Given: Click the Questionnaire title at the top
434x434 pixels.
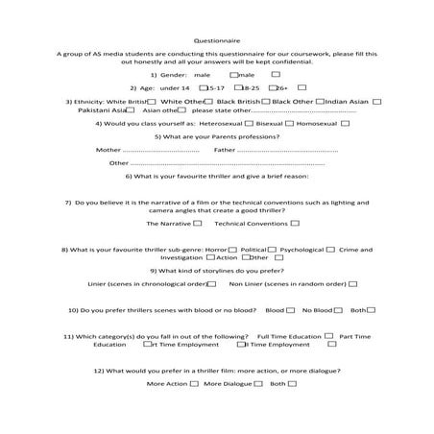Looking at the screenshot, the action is click(x=216, y=41).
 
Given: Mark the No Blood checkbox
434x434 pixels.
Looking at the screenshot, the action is click(x=338, y=310).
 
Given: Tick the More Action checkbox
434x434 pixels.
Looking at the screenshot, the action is click(x=195, y=383).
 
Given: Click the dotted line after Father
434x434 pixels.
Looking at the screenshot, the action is click(x=288, y=151).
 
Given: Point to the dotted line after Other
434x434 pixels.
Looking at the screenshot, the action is click(x=221, y=164).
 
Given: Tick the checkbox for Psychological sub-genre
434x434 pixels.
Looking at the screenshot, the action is click(x=331, y=249).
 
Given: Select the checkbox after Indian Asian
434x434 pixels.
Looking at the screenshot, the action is click(x=377, y=101).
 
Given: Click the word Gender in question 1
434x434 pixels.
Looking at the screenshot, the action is click(x=173, y=74).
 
